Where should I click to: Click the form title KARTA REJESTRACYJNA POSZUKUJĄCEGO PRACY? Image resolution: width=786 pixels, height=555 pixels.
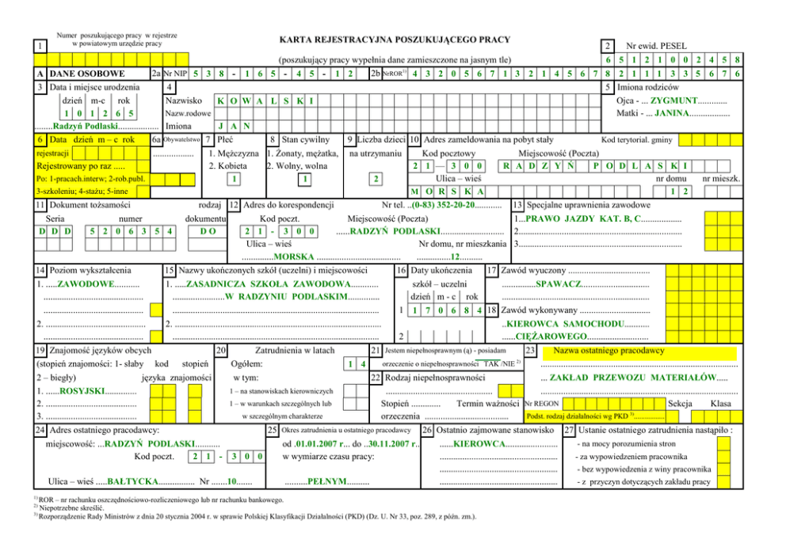point(394,40)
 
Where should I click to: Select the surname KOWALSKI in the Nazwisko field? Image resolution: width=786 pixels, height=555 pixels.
point(264,101)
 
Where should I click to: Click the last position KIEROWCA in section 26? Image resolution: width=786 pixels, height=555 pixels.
point(475,443)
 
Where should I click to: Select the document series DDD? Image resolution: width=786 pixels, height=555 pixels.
point(55,231)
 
